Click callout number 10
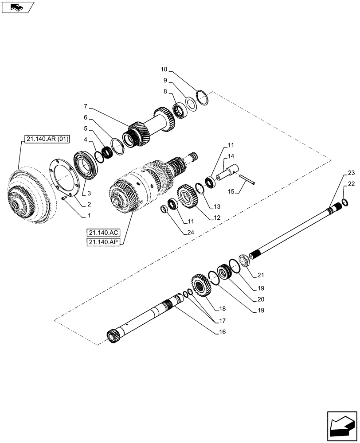click(x=164, y=70)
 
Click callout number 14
click(x=231, y=156)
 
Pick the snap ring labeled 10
click(x=202, y=97)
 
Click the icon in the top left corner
click(x=18, y=8)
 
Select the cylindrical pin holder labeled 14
click(x=230, y=173)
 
